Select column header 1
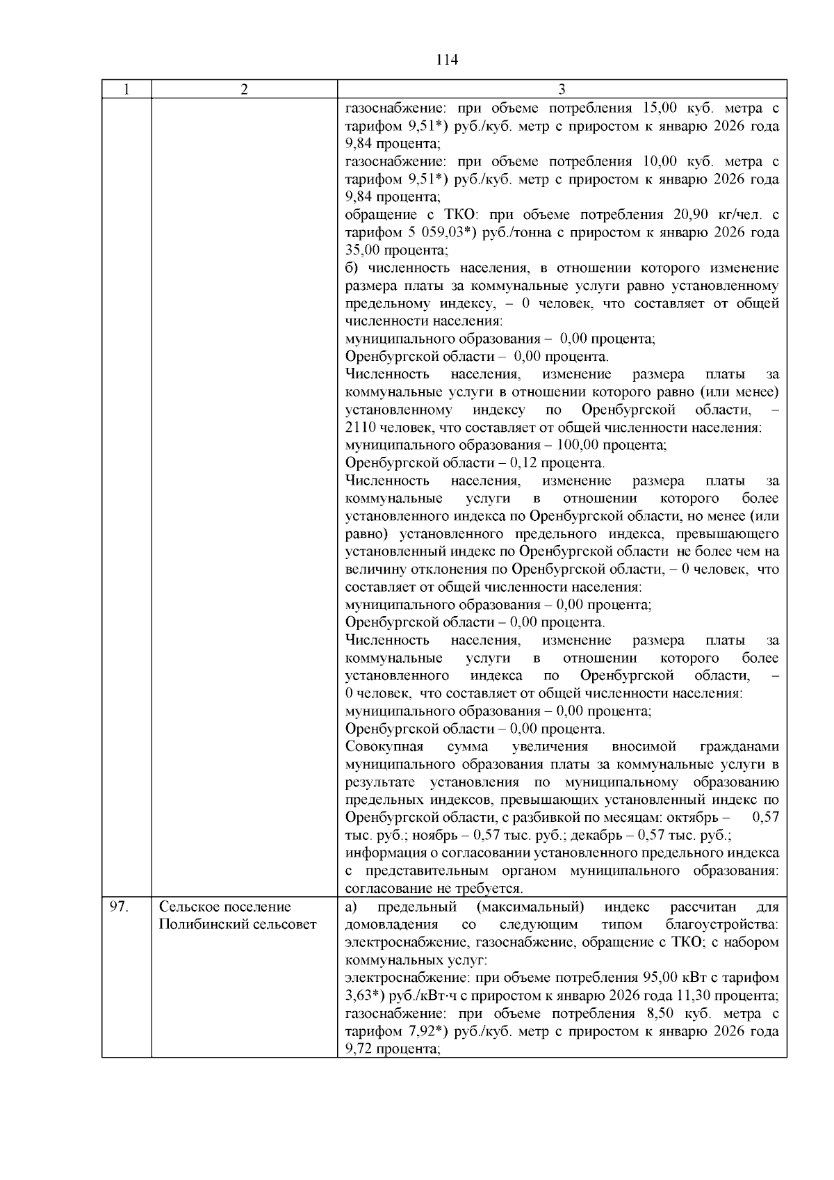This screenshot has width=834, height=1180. tap(126, 89)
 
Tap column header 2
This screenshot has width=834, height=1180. tap(244, 89)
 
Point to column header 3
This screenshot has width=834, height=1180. tap(562, 89)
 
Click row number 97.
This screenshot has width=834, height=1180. tap(119, 907)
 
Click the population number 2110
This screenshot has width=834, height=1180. tap(360, 428)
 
